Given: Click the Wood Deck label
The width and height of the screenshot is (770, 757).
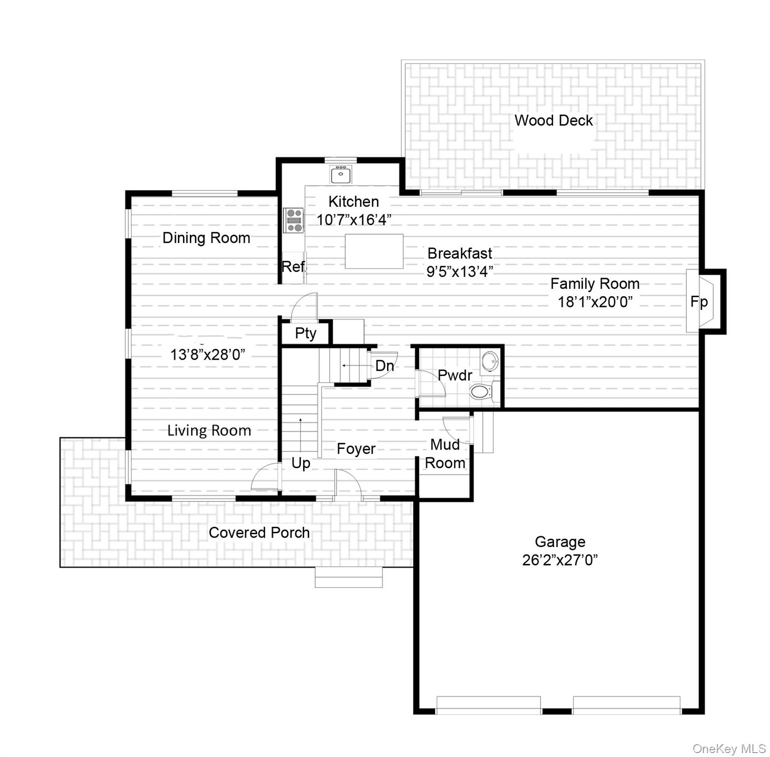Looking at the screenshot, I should [553, 121].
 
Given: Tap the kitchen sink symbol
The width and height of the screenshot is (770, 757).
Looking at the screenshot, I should [340, 174].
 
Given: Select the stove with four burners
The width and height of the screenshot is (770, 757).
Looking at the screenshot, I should [294, 220].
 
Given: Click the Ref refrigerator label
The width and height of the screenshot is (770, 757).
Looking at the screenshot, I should [293, 267].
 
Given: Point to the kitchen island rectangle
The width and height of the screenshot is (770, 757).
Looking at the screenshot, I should [374, 251].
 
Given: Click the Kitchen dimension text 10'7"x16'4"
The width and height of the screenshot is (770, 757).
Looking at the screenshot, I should [354, 220].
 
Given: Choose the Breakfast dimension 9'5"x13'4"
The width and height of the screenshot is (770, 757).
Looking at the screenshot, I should [459, 272].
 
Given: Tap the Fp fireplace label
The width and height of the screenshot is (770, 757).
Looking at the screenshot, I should [699, 302].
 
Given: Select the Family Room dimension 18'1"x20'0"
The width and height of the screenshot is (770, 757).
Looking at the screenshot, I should [595, 302].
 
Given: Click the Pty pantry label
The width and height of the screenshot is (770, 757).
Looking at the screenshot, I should [305, 334].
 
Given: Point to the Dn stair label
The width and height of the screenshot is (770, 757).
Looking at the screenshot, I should [385, 366].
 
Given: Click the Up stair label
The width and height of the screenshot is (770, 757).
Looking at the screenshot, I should [301, 463].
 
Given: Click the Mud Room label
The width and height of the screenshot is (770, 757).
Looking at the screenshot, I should [445, 454].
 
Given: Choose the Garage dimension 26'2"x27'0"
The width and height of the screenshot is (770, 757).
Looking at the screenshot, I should [560, 560].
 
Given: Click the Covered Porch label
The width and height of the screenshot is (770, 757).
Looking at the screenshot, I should [259, 533].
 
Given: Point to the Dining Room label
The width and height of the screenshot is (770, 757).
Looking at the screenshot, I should [206, 238].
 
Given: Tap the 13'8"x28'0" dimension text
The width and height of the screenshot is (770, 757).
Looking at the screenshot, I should [208, 354].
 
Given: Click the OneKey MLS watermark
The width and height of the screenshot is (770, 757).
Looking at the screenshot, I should [729, 749].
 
